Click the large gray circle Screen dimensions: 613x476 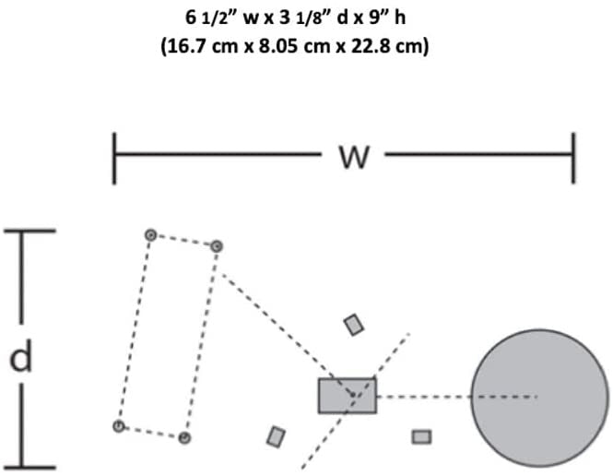click(540, 398)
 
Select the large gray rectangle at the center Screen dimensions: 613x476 click(348, 396)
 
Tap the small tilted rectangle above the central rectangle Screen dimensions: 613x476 click(354, 325)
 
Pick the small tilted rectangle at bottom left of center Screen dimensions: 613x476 click(276, 436)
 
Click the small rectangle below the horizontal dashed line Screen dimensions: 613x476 click(422, 437)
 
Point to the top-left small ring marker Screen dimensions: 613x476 click(150, 235)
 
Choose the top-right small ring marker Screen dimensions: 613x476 click(217, 246)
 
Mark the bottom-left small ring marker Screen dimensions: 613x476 click(119, 426)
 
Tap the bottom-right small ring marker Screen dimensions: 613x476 click(184, 437)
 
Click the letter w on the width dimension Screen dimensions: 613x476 click(354, 157)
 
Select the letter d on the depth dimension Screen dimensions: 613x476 click(20, 355)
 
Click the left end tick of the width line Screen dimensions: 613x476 click(114, 159)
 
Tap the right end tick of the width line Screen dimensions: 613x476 click(573, 158)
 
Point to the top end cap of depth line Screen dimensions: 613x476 click(29, 231)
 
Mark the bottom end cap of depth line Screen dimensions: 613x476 click(29, 468)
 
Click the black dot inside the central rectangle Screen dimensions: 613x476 click(353, 395)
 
